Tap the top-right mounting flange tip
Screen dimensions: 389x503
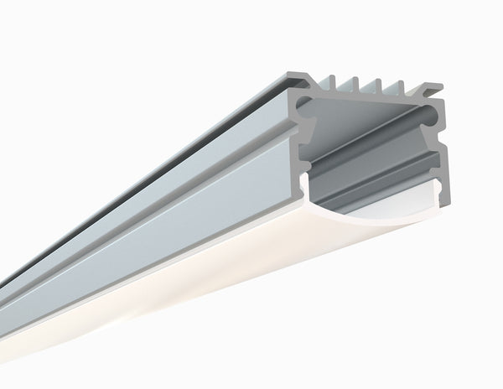436,87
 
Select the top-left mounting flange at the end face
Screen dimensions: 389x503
293,78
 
